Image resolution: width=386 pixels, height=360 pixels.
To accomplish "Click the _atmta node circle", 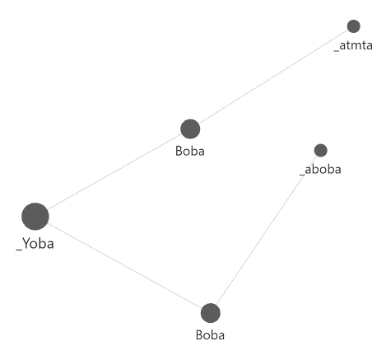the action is point(353,26).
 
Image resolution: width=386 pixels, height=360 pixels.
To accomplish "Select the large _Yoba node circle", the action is point(35,217).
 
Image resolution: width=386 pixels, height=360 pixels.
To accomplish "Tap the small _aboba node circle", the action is point(320,150).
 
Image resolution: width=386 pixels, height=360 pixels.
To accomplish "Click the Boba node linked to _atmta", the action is point(190,129).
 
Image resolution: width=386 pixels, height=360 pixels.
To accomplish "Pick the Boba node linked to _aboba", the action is point(211,313).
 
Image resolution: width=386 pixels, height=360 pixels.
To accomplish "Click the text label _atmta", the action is point(353,45).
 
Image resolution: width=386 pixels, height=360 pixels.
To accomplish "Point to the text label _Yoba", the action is point(35,244).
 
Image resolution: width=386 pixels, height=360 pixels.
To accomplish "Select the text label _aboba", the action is point(320,169).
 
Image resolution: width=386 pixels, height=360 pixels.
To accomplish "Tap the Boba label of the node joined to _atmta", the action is point(190,151).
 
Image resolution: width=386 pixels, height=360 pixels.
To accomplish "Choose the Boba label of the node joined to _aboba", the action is point(210,335).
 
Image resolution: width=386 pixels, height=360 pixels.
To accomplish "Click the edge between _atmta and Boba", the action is point(273,77).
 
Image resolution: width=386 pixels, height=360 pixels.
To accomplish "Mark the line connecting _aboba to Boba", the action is point(267,230).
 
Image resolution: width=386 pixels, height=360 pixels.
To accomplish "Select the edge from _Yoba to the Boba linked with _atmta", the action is point(114,171).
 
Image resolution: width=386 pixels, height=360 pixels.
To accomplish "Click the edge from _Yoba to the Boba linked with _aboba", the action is point(124,265).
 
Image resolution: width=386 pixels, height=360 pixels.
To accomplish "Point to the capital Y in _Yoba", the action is point(26,243).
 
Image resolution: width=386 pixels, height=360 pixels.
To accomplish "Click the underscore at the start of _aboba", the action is point(302,175).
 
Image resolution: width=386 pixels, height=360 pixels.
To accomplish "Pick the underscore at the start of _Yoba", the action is point(19,250).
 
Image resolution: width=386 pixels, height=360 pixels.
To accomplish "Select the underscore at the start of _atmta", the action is point(337,50).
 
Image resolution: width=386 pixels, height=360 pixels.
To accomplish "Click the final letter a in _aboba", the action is point(337,170).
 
